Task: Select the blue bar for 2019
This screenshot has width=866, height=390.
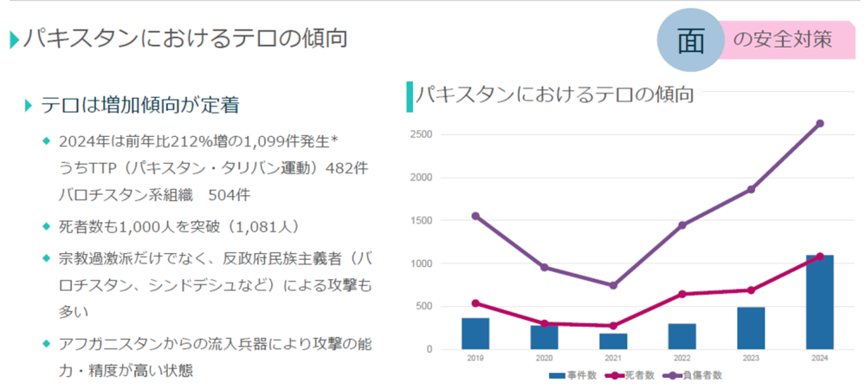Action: pyautogui.click(x=475, y=334)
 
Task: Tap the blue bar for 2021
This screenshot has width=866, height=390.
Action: pyautogui.click(x=612, y=341)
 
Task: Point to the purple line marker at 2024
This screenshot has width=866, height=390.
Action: pyautogui.click(x=819, y=123)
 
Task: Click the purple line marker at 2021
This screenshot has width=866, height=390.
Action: pyautogui.click(x=612, y=285)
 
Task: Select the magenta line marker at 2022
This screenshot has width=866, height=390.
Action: pyautogui.click(x=682, y=294)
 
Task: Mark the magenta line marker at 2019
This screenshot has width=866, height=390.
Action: pyautogui.click(x=475, y=303)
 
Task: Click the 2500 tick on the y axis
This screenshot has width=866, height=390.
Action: pyautogui.click(x=422, y=134)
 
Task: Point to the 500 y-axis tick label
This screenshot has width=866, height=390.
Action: pyautogui.click(x=424, y=306)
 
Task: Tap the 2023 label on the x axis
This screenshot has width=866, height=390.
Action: pyautogui.click(x=750, y=358)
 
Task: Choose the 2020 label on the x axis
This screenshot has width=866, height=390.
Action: pyautogui.click(x=544, y=358)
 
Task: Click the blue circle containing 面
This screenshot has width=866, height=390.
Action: pyautogui.click(x=690, y=41)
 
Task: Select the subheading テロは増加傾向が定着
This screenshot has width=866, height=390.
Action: pyautogui.click(x=139, y=105)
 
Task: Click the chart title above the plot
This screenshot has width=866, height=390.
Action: pyautogui.click(x=554, y=94)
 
